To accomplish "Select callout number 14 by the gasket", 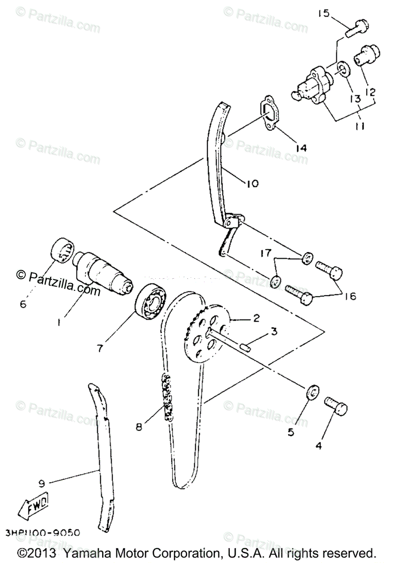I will click(300, 148).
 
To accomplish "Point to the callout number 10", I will click(252, 183).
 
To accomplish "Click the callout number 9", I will click(41, 481).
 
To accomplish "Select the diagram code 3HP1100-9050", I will click(43, 533).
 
